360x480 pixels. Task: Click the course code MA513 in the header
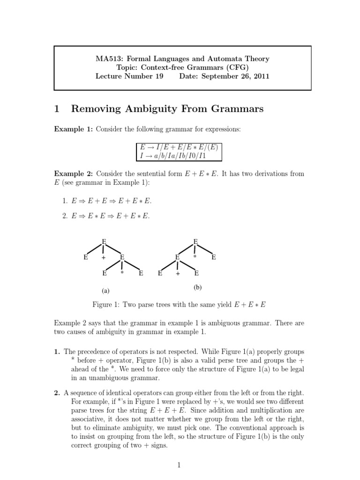107,59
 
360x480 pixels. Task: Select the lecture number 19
157,76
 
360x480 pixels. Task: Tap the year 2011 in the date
260,76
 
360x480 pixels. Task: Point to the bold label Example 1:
74,129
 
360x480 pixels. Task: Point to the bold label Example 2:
74,173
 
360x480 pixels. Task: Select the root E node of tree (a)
104,241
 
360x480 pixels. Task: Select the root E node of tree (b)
195,241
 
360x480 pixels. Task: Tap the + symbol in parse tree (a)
104,258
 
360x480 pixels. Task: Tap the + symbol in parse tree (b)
178,274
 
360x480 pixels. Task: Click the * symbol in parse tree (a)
121,272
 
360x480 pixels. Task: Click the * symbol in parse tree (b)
195,257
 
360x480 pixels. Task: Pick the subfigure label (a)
106,291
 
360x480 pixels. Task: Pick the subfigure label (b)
197,287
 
